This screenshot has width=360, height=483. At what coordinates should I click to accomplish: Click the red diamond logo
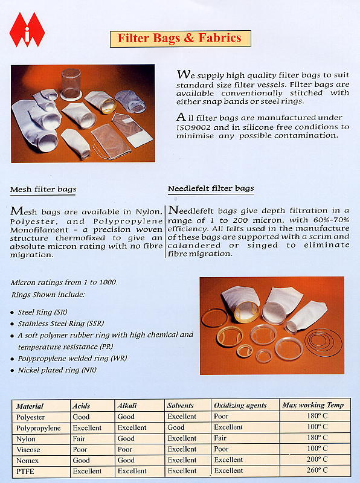[x=27, y=30]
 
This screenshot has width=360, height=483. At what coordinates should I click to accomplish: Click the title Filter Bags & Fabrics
[x=179, y=39]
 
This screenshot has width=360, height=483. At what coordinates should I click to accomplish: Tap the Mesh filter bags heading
[x=43, y=190]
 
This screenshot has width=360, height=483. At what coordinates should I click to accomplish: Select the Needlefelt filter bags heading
[x=211, y=189]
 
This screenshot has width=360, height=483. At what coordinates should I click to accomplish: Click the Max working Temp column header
[x=312, y=405]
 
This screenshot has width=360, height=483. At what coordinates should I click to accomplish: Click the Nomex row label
[x=28, y=460]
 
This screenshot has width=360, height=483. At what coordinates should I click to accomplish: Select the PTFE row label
[x=25, y=470]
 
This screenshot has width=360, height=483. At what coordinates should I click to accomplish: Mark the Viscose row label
[x=30, y=449]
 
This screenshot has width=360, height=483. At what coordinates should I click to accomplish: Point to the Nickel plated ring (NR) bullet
[x=57, y=369]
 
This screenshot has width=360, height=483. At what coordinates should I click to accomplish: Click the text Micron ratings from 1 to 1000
[x=63, y=283]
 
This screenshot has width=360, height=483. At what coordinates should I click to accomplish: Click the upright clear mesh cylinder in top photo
[x=71, y=84]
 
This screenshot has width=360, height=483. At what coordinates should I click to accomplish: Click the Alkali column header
[x=128, y=405]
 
